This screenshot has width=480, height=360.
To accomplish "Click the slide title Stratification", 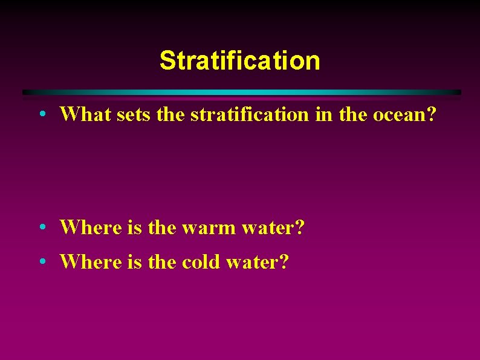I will (239, 61).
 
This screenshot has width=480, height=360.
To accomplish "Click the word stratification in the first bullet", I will (249, 113).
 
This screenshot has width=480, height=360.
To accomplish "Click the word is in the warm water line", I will (134, 227).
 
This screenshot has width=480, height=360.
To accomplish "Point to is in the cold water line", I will (134, 262).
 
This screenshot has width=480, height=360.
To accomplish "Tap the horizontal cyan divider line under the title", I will (242, 92).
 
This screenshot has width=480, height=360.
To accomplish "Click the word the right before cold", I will (162, 262).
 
